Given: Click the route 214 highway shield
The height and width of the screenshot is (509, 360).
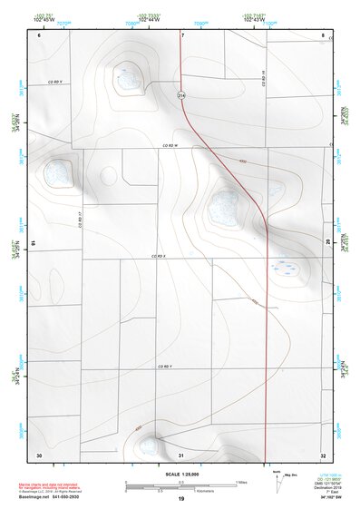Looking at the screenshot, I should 181,94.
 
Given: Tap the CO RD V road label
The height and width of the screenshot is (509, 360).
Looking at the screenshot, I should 54,81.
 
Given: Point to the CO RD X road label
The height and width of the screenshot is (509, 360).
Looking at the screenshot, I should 158,257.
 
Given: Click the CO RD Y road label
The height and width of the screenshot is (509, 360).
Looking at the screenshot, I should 163,366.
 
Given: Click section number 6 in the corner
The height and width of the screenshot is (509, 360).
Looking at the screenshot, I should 40,35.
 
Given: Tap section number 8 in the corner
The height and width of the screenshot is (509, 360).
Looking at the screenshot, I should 323,35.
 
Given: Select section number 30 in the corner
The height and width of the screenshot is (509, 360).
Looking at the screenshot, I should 39,454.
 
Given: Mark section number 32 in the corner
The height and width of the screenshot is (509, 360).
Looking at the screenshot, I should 323,454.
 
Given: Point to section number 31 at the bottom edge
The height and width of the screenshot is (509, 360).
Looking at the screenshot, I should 181,454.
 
